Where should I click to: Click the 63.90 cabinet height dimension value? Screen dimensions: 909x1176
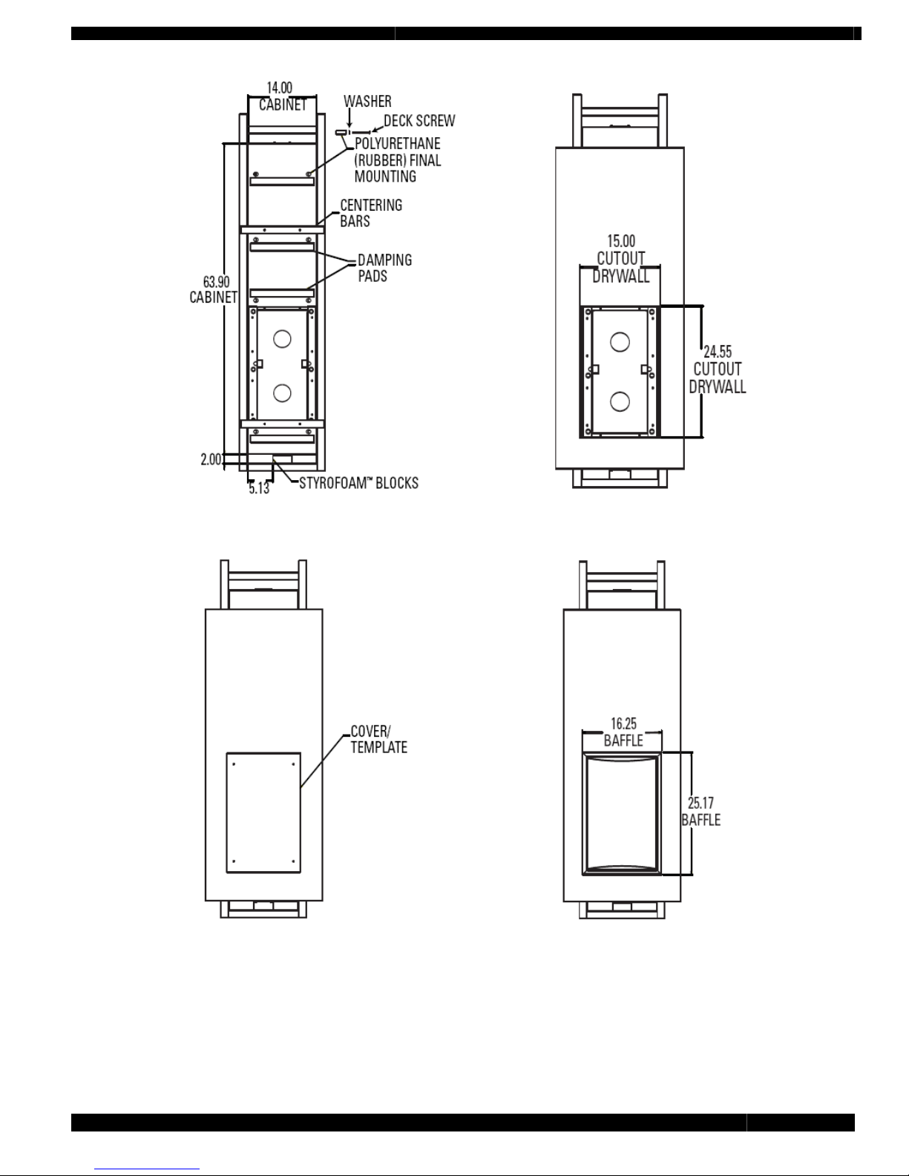217,282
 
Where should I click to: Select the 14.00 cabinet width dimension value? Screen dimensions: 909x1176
279,88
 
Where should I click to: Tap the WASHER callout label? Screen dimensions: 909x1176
367,101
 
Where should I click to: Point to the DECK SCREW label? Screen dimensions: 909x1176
419,121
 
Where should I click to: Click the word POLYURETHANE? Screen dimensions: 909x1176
398,143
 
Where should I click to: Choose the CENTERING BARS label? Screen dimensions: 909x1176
371,213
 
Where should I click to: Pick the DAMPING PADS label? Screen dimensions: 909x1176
384,268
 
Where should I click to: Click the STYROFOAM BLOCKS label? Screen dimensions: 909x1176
358,483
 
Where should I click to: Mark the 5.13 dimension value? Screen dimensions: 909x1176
259,488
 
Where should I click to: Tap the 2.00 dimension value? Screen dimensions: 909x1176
211,459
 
